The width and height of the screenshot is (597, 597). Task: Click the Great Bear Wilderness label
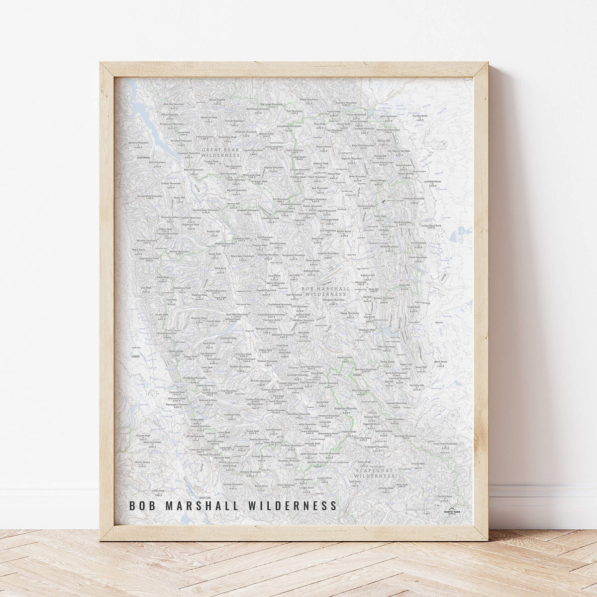click(x=220, y=152)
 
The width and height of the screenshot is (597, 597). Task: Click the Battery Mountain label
click(x=139, y=143)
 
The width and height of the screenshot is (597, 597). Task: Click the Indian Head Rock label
click(x=431, y=226)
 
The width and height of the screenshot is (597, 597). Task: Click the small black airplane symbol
click(x=383, y=202)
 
